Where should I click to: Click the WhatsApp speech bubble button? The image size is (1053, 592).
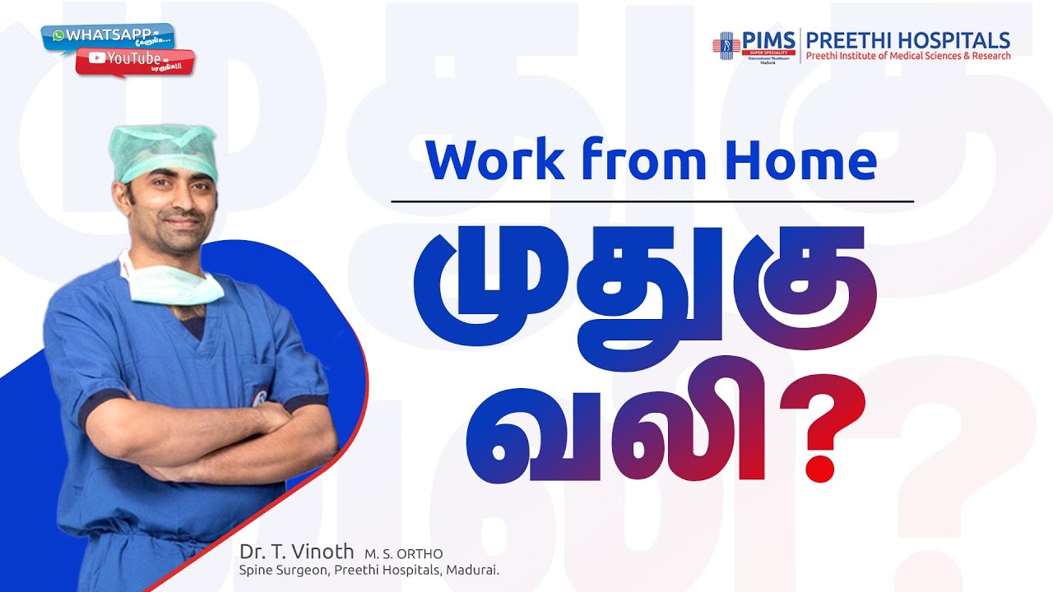pos(107,36)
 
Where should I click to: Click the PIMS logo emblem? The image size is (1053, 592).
pos(726,45)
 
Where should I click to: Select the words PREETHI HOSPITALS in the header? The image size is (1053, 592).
pos(907,39)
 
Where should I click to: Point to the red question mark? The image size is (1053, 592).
pos(822,437)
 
